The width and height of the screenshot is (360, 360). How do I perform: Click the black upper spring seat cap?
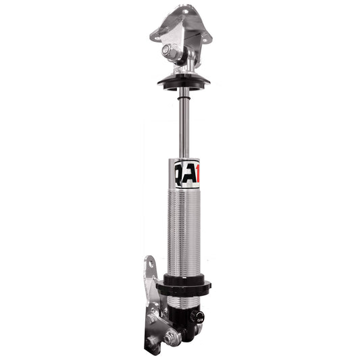(x=184, y=80)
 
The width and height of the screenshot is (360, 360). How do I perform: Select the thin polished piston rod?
(x=184, y=128)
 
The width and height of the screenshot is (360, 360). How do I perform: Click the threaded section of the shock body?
(x=184, y=230)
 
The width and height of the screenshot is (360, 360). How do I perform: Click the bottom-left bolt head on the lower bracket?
(x=156, y=348)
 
